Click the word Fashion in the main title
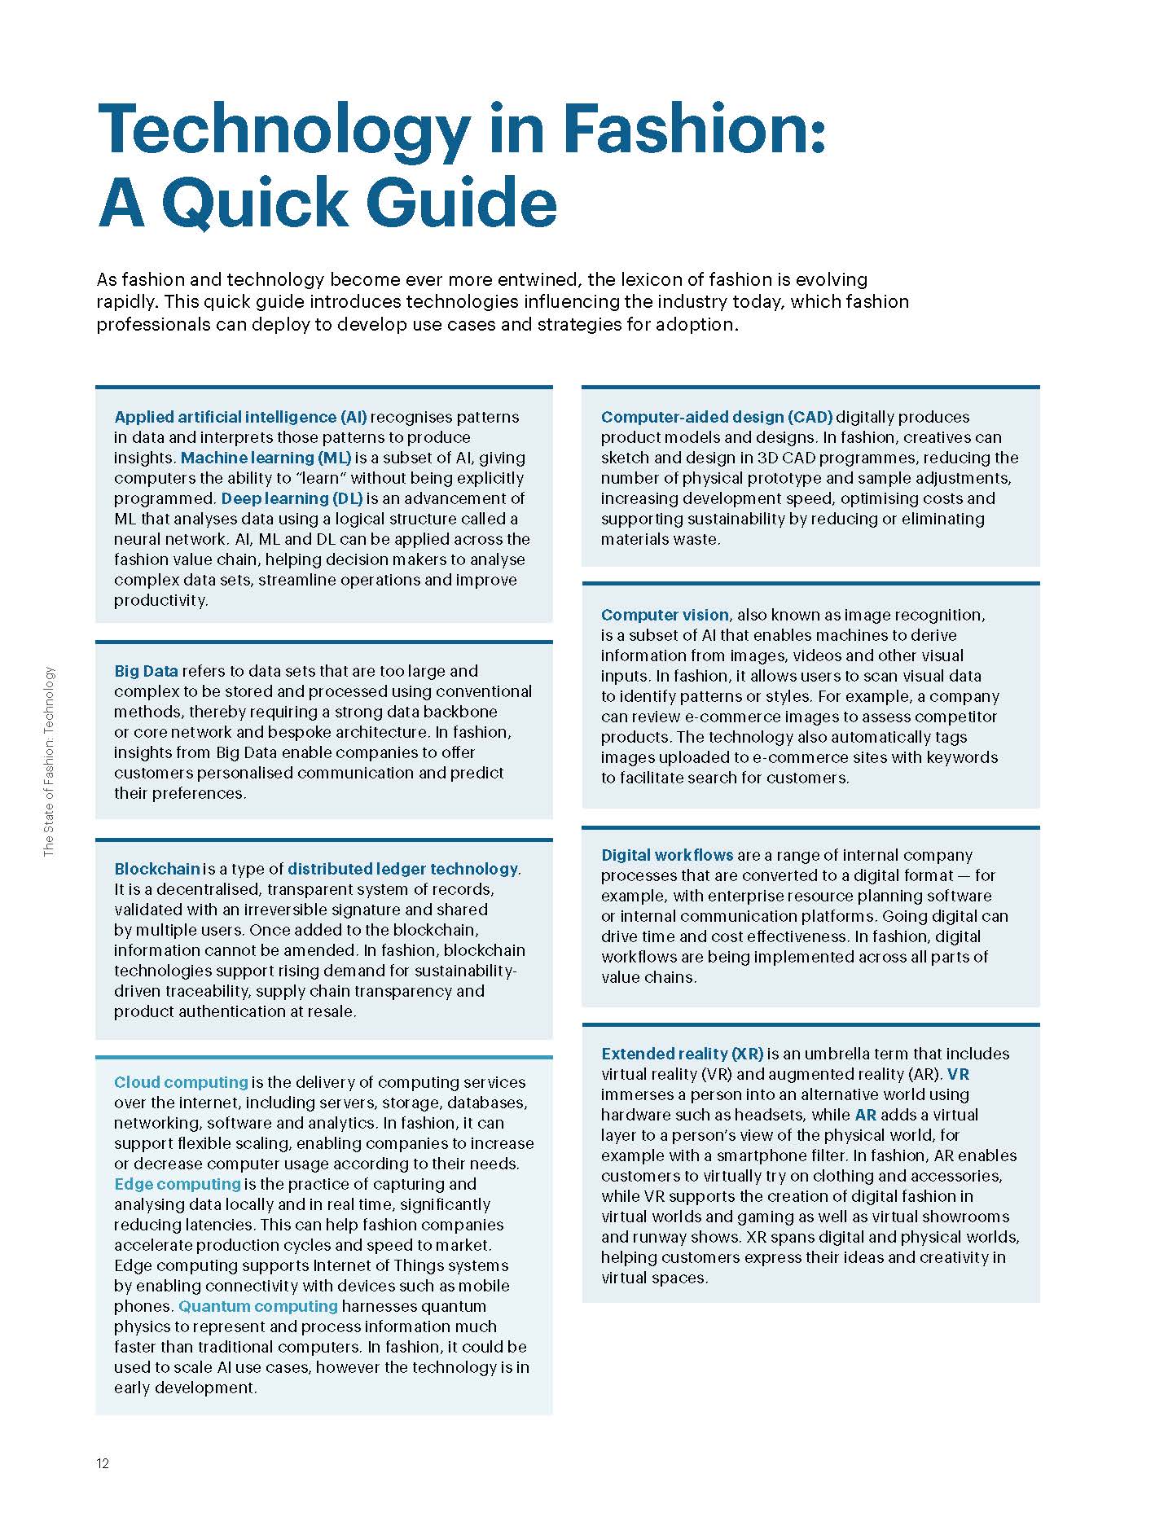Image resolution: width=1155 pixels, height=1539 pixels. [x=693, y=130]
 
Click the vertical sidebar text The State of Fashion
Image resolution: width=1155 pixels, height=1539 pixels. [x=50, y=761]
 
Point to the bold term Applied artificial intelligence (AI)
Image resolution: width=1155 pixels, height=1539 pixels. [x=240, y=417]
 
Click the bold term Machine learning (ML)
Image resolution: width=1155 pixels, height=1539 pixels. [x=266, y=458]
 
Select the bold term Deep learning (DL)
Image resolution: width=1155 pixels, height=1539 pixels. [x=292, y=498]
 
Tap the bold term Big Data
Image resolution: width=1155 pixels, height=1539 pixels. [x=146, y=671]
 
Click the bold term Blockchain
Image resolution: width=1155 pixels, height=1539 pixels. [x=157, y=869]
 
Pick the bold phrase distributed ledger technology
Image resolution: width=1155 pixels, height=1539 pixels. [x=402, y=869]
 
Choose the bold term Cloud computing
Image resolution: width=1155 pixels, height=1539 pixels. [x=181, y=1082]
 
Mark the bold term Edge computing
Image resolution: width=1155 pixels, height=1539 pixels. [x=178, y=1184]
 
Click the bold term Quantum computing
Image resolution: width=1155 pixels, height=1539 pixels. [x=257, y=1306]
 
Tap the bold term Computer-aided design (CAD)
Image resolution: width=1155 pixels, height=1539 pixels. [x=717, y=417]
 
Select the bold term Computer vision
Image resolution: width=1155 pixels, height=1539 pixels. [x=665, y=615]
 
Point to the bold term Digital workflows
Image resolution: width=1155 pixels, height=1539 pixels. [x=667, y=855]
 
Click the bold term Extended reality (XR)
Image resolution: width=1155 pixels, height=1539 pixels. [x=682, y=1054]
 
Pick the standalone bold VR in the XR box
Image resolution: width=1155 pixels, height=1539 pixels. [x=958, y=1074]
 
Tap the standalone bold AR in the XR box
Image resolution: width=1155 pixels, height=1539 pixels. [x=865, y=1115]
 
